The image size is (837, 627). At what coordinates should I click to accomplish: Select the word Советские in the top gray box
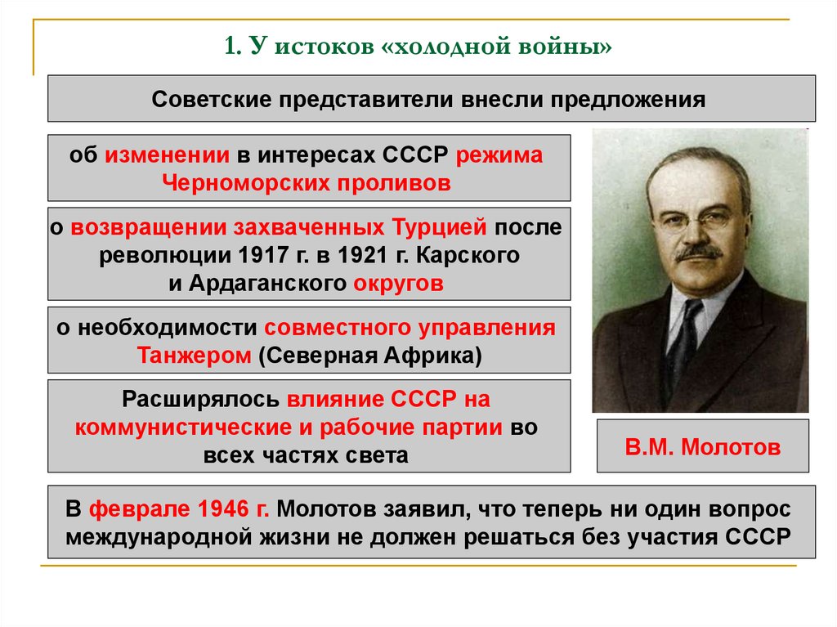pyautogui.click(x=211, y=100)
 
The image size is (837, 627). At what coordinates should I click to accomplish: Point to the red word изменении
pyautogui.click(x=167, y=155)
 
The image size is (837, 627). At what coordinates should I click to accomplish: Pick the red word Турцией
pyautogui.click(x=439, y=227)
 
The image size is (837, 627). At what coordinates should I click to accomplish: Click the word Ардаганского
pyautogui.click(x=267, y=284)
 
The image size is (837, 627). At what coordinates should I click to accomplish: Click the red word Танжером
pyautogui.click(x=194, y=356)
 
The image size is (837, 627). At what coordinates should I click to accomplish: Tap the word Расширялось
pyautogui.click(x=201, y=400)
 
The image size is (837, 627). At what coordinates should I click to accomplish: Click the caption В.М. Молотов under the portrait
pyautogui.click(x=702, y=447)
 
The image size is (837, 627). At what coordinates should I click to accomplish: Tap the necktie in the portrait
pyautogui.click(x=683, y=342)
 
